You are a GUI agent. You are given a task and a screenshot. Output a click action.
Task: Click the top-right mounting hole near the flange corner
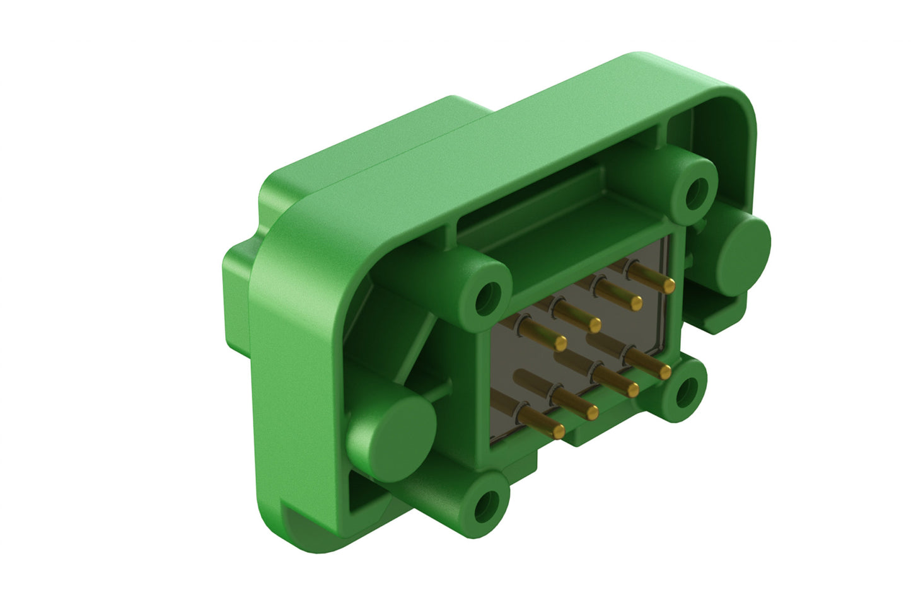696,192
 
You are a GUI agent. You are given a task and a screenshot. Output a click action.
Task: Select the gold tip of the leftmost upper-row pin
560,343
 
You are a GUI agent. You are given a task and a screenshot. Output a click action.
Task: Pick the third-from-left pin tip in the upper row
636,303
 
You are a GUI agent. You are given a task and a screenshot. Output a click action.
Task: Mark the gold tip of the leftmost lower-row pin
558,431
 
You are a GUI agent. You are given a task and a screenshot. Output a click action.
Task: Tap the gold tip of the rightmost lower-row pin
664,373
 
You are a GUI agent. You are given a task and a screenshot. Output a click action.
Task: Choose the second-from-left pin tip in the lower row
592,412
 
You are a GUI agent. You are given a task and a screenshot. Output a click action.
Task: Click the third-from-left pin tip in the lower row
632,391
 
